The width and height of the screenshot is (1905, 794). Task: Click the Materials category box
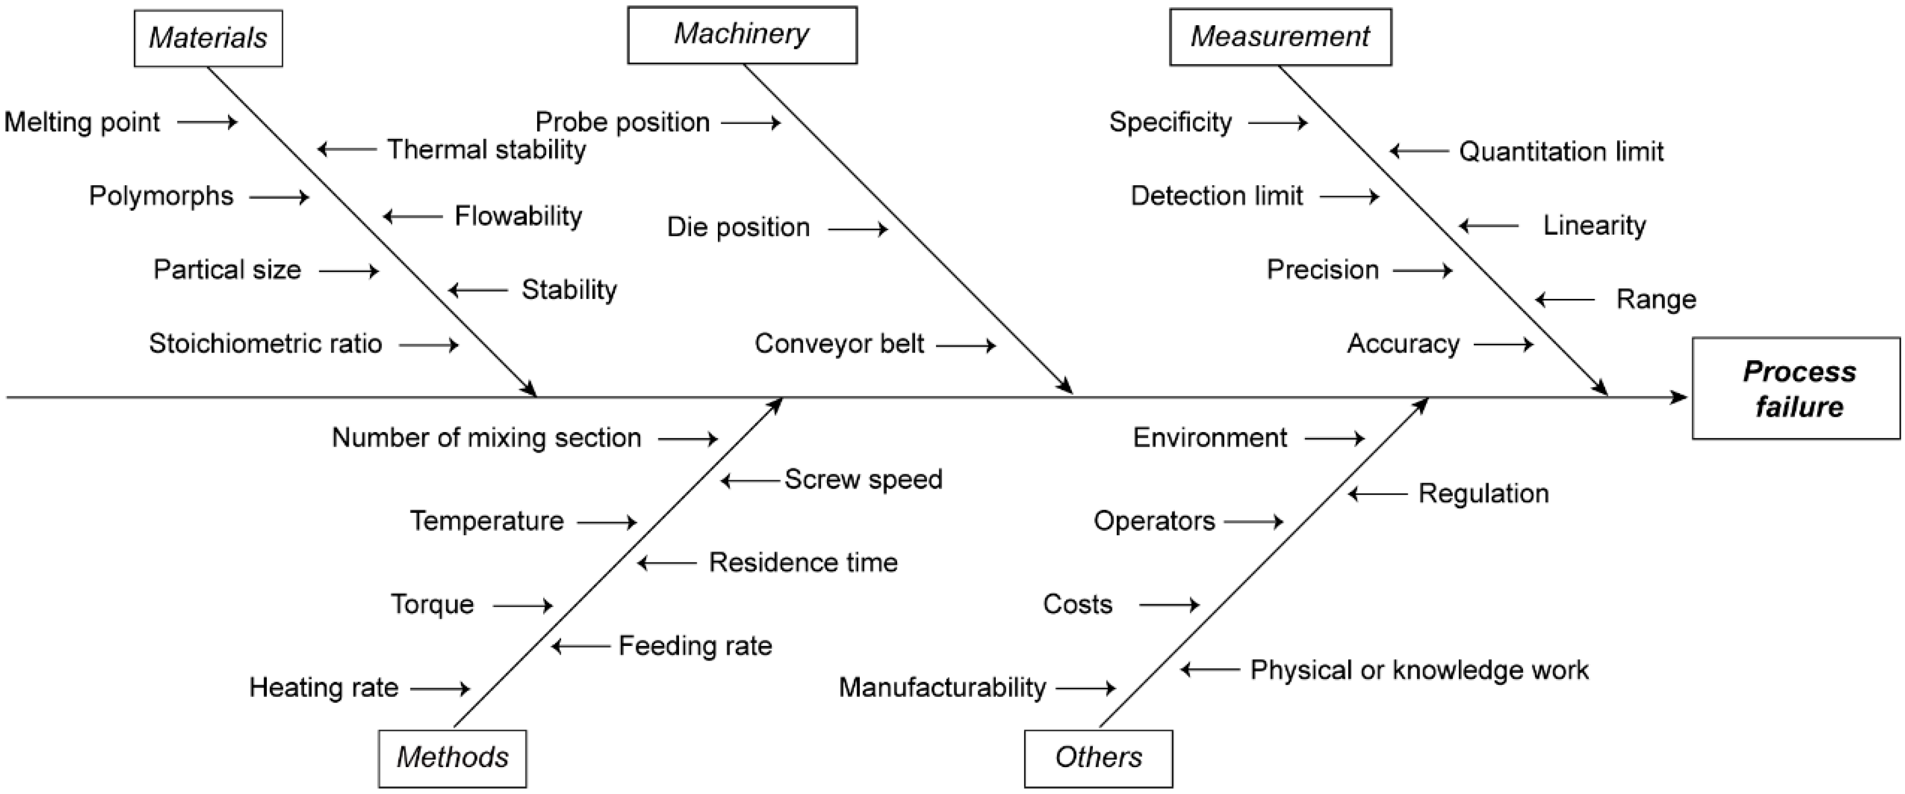[208, 38]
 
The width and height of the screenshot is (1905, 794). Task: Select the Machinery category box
[742, 35]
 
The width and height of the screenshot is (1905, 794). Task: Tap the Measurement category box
[1279, 37]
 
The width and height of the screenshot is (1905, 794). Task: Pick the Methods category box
[452, 758]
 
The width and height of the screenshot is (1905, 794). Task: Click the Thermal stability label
[487, 150]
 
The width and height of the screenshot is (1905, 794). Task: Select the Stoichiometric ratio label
[265, 343]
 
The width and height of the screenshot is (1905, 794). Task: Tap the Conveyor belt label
[840, 343]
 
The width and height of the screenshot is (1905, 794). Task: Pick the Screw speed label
[863, 479]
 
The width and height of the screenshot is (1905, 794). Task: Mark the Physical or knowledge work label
[1418, 670]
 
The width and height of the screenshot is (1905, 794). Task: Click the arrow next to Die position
[857, 229]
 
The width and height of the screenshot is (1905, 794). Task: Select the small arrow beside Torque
[522, 606]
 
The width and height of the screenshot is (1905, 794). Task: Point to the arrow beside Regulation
[1378, 494]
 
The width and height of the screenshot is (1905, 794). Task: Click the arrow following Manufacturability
[1086, 688]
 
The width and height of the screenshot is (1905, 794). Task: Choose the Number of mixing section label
[486, 438]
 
